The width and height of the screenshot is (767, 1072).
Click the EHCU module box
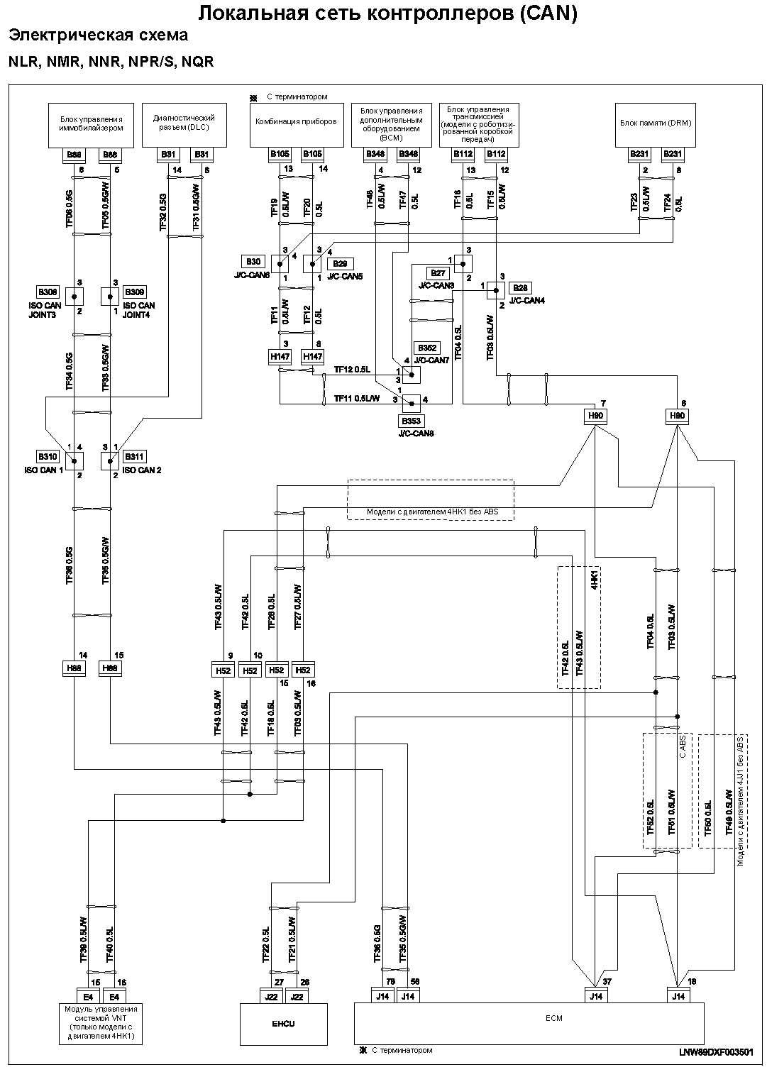point(284,1024)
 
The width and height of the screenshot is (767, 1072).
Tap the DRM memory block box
point(655,124)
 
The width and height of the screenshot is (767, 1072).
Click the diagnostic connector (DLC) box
point(184,124)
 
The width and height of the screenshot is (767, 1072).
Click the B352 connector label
point(427,348)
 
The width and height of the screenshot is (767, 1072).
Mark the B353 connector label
point(412,421)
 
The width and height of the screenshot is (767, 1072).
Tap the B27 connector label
point(437,272)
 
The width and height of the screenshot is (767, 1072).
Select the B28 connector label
point(521,288)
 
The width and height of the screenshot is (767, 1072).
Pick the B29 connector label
point(339,264)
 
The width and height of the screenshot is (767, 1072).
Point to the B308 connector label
point(48,292)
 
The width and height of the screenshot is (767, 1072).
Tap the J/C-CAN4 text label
point(527,301)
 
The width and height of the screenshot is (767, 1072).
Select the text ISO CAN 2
point(142,470)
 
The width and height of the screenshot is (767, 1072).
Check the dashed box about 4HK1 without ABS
point(430,499)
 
